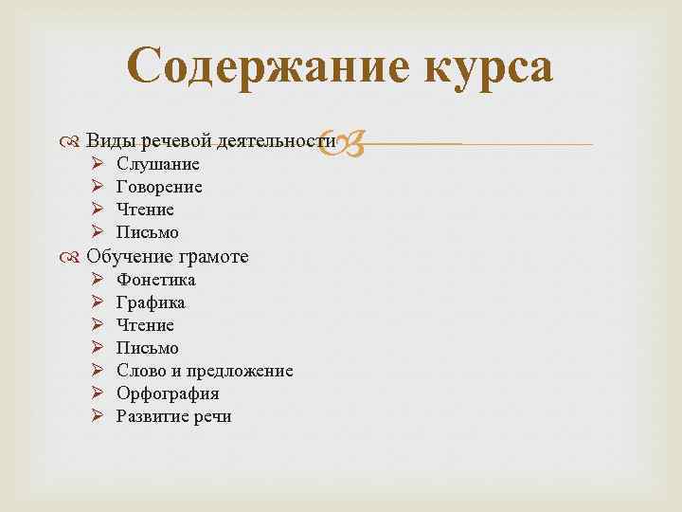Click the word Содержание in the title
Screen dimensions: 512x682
(x=255, y=66)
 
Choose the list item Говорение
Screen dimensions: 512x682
(x=159, y=188)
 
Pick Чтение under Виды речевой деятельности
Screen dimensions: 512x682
(x=145, y=210)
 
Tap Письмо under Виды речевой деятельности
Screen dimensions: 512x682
(x=147, y=233)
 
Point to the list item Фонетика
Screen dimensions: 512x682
(x=155, y=281)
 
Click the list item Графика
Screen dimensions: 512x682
(x=151, y=303)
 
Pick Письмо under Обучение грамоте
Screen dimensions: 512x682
(x=147, y=349)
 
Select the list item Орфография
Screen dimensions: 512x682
(x=167, y=394)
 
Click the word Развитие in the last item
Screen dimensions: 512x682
(x=151, y=417)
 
